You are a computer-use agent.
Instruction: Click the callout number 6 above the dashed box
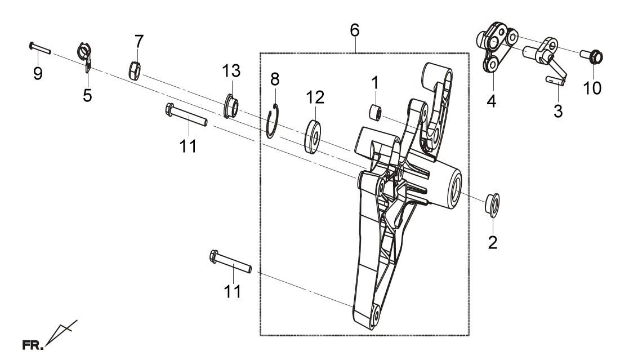tap(355, 30)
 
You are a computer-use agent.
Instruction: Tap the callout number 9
tap(38, 74)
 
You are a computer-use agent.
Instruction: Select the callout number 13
tap(231, 71)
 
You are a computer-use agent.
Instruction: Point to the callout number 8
tap(275, 79)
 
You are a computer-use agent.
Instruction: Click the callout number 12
tap(315, 97)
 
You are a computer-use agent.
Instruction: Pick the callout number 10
tap(592, 88)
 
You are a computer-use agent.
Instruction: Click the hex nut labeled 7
tap(135, 70)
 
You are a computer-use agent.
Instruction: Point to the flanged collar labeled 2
tap(493, 205)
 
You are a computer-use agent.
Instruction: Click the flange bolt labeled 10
tap(591, 56)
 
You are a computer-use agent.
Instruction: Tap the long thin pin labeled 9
tap(40, 47)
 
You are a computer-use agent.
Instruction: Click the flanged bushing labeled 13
tap(231, 105)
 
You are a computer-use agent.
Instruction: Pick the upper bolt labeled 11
tap(186, 115)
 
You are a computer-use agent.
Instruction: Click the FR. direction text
tap(33, 345)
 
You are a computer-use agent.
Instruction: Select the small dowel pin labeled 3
tap(555, 79)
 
